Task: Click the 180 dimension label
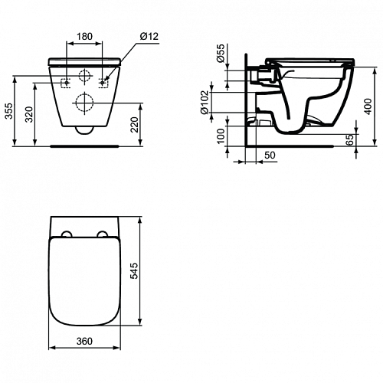(84, 37)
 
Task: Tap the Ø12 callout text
(149, 36)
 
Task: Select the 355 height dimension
(9, 111)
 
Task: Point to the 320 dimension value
(30, 114)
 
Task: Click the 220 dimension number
(134, 125)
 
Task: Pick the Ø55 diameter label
(221, 53)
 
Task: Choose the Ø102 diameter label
(205, 103)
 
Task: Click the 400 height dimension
(368, 106)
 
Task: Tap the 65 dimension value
(351, 139)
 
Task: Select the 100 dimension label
(221, 136)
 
